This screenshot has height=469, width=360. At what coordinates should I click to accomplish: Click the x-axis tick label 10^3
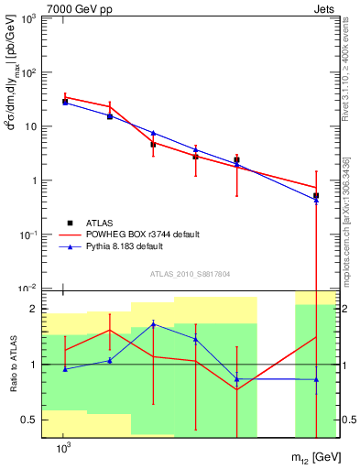63,447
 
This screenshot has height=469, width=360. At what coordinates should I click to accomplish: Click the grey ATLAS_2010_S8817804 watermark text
184,272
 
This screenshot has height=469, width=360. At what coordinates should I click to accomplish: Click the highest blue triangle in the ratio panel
154,323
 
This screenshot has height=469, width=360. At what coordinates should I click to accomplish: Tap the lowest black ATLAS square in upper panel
316,195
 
